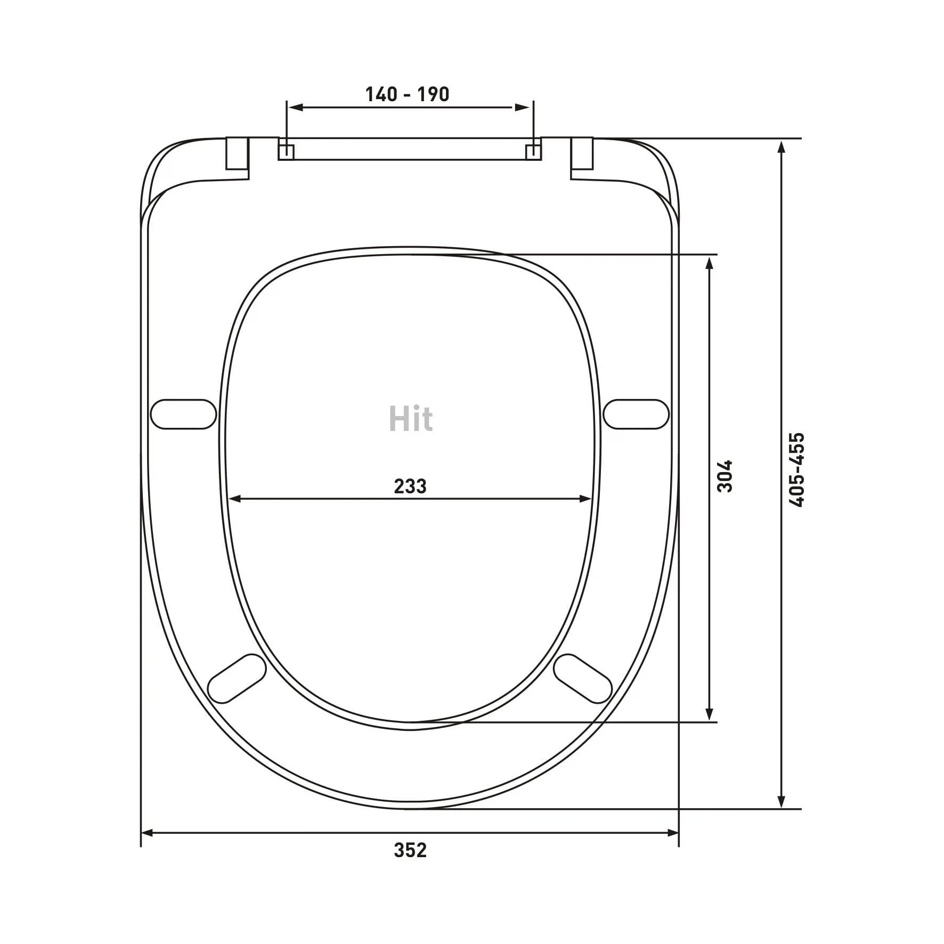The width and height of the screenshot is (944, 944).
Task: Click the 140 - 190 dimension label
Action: coord(407,94)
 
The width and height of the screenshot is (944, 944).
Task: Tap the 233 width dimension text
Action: coord(410,486)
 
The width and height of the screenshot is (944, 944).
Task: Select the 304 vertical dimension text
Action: coord(725,476)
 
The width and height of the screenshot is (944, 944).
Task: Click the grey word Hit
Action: coord(411,418)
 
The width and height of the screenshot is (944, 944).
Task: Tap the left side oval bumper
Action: coord(184,414)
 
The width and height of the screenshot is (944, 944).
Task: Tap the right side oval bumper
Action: coord(637,414)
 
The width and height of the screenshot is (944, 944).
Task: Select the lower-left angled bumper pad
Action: coord(237,678)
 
